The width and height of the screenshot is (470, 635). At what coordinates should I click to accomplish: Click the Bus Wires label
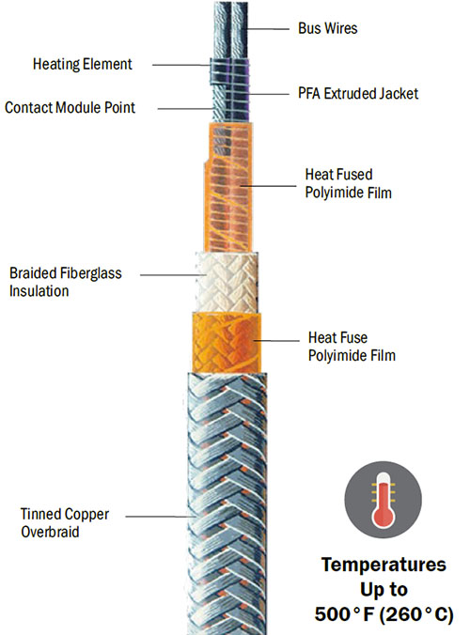click(x=327, y=28)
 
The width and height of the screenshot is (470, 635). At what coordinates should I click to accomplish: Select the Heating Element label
click(x=82, y=65)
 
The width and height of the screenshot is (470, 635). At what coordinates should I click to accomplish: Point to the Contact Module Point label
click(x=70, y=108)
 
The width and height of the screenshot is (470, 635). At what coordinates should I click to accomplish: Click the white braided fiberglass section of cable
click(x=226, y=282)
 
